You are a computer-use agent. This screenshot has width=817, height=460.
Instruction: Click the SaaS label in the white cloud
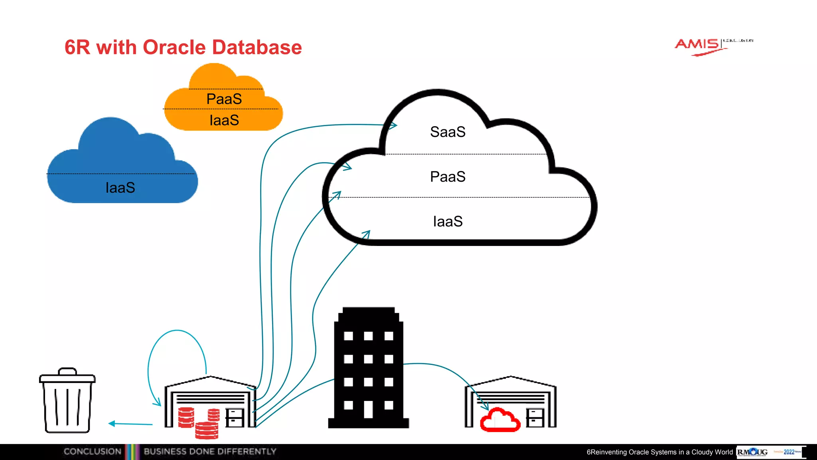point(448,132)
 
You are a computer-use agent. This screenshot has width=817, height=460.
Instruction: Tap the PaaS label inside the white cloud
point(448,176)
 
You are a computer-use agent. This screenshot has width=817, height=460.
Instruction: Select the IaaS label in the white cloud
point(448,221)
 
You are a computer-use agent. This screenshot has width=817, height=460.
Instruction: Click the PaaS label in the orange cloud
point(224,99)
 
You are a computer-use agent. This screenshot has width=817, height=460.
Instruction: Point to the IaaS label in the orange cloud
point(224,120)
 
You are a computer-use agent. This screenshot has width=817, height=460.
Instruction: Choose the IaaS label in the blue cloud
point(120,188)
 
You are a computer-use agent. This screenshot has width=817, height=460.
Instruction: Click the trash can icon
point(67,401)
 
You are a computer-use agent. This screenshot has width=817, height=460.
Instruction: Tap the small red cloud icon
point(500,420)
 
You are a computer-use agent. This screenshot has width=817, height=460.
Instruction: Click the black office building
point(368,367)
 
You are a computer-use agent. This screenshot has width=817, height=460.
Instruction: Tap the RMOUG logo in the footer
point(752,452)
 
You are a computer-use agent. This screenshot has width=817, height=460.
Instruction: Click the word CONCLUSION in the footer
point(92,452)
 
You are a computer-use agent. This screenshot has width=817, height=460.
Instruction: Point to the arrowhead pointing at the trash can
point(112,423)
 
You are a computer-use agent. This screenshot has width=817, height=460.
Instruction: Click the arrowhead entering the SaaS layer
point(393,126)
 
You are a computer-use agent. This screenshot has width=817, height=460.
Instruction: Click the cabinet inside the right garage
point(535,417)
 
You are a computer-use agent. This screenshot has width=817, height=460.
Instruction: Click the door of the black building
point(368,409)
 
